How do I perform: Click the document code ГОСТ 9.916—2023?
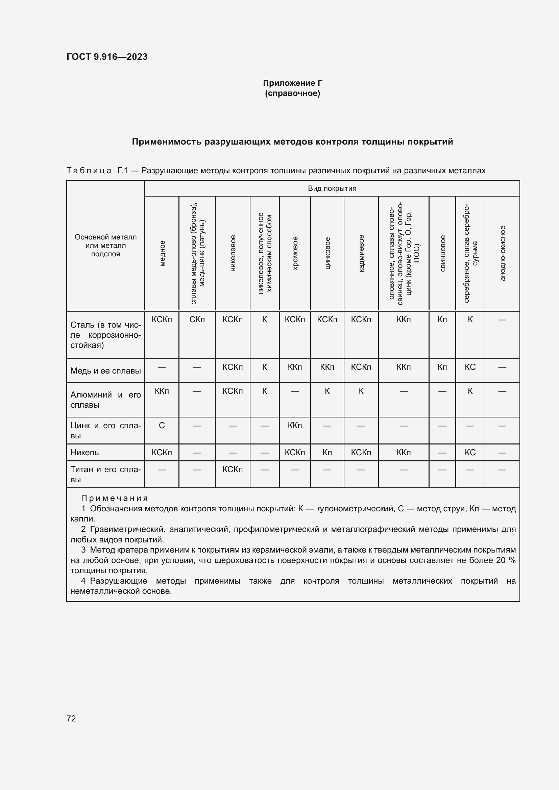pos(107,57)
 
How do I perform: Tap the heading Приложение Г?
pos(292,83)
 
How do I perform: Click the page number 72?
pos(71,718)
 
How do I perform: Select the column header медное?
pos(162,253)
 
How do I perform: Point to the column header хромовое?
pos(295,253)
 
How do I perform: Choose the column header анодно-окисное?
pos(502,253)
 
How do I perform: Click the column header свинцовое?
pos(442,253)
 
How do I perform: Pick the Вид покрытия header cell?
pos(332,188)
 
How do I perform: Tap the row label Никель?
pos(85,453)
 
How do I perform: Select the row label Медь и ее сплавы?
pos(106,371)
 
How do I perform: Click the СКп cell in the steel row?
pos(197,320)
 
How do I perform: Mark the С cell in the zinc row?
pos(162,426)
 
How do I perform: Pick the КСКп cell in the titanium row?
pos(232,469)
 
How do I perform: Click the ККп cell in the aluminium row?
pos(162,391)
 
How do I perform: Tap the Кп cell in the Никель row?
pos(327,453)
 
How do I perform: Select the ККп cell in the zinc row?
pos(295,426)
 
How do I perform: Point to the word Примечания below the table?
pos(115,498)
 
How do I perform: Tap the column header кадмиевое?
pos(361,253)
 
